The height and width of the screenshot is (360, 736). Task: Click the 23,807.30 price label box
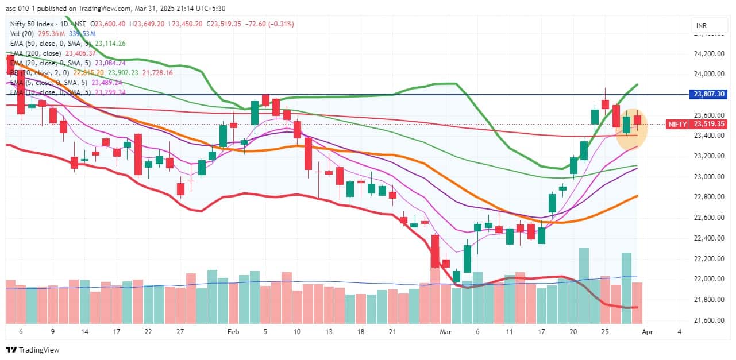coord(708,94)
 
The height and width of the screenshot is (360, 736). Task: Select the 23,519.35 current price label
coord(708,124)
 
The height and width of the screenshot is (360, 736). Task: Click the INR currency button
coord(702,26)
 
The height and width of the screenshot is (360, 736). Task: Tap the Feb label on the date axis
coord(233,332)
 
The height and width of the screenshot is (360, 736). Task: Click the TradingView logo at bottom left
coord(33,350)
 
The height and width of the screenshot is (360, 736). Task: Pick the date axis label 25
coord(605,332)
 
